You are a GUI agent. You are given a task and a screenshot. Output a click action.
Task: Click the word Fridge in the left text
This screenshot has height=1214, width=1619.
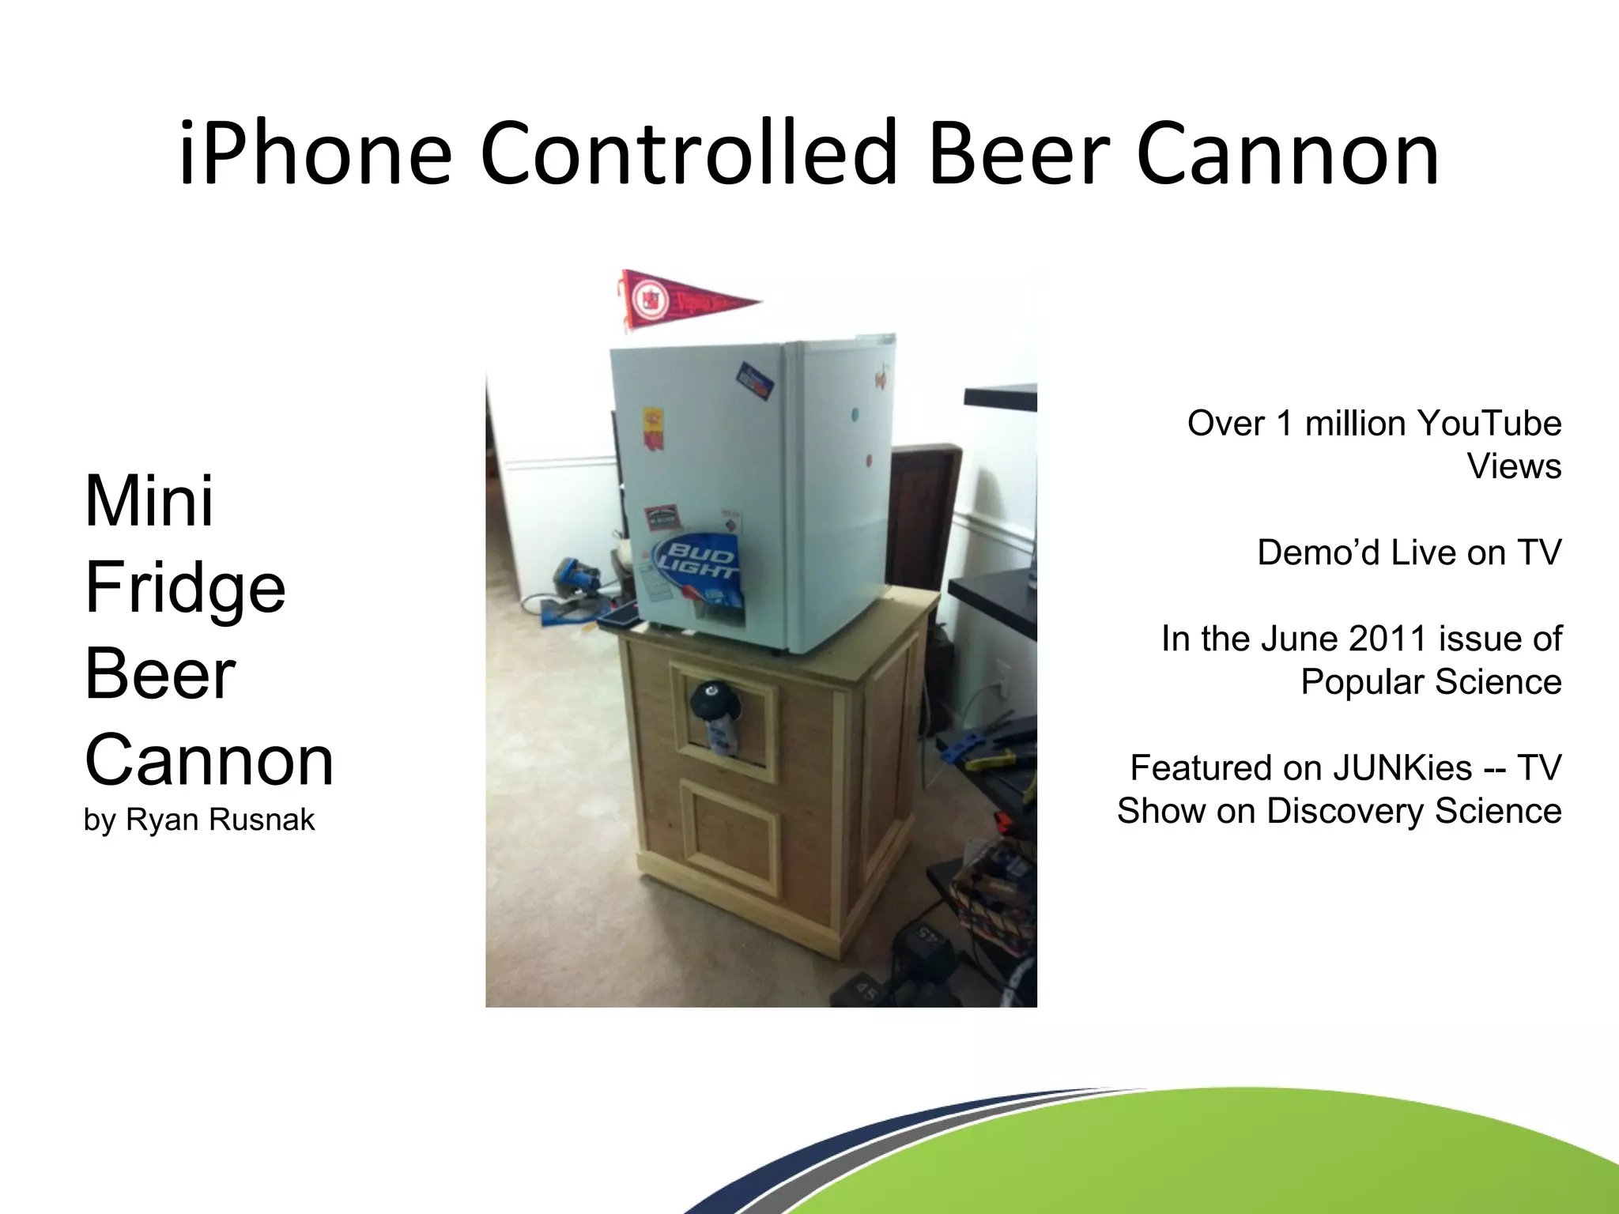click(185, 588)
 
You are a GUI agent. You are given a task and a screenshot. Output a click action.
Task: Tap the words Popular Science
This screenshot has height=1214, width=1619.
click(1431, 682)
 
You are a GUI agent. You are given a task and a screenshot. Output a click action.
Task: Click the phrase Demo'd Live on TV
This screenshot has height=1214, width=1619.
click(1409, 552)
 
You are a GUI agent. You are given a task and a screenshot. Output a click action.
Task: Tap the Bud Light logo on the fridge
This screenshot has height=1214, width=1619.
click(695, 558)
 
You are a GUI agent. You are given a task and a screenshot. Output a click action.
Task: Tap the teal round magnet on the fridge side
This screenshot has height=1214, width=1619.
click(855, 414)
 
